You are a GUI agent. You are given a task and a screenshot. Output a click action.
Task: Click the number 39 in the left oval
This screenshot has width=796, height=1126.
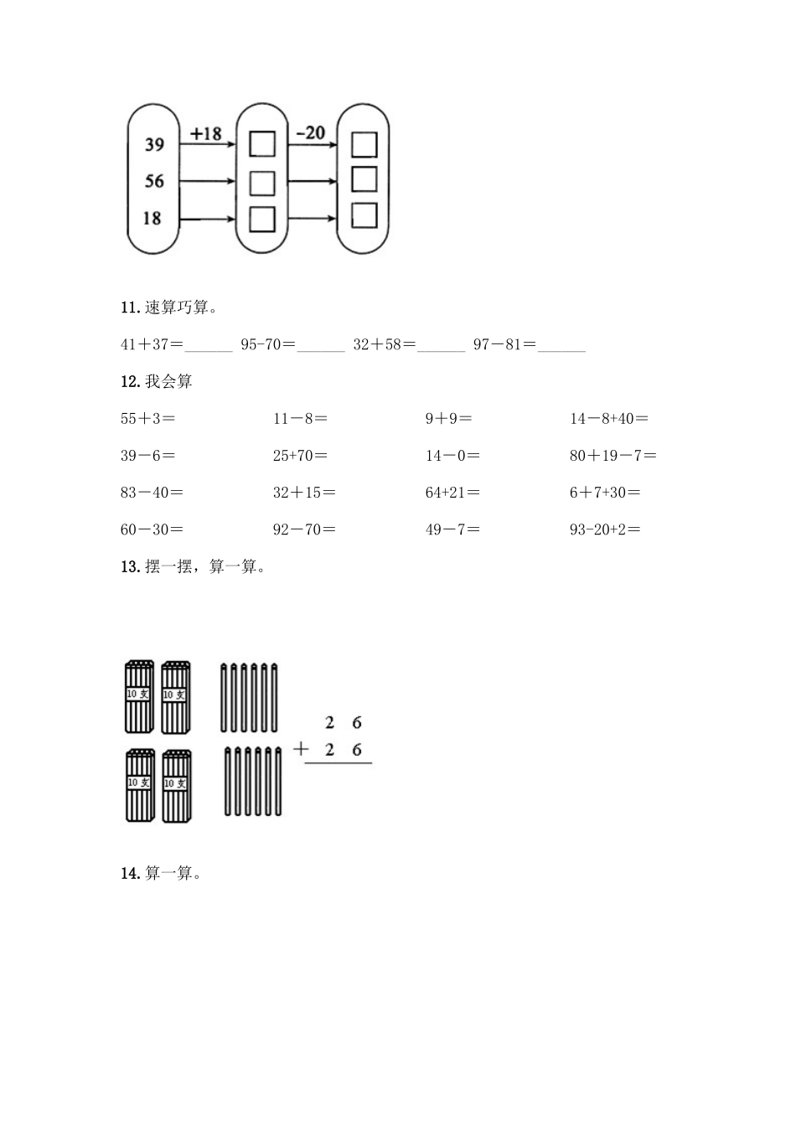[x=154, y=145]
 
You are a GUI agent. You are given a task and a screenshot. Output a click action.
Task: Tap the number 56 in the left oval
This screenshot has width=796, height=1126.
[x=154, y=181]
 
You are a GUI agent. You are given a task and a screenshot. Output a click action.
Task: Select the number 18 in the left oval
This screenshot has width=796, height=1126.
[x=152, y=218]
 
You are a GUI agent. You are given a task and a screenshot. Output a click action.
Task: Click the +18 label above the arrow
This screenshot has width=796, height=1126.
[x=205, y=133]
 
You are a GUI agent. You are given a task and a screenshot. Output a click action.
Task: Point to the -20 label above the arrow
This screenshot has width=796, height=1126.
[x=310, y=132]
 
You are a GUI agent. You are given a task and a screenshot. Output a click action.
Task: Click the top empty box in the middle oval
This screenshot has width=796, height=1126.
[x=262, y=144]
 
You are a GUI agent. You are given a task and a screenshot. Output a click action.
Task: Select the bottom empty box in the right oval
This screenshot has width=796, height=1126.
[x=364, y=216]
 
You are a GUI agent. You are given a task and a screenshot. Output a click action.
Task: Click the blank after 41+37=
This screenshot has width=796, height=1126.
[x=209, y=344]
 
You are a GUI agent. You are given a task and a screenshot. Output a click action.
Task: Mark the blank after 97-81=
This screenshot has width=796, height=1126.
[x=561, y=344]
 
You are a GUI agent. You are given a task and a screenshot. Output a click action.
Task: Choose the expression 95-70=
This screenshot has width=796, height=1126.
[x=267, y=344]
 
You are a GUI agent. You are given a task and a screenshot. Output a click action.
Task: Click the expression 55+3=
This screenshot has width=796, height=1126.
[x=147, y=418]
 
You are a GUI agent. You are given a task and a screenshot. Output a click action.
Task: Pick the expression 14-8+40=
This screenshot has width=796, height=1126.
[x=609, y=418]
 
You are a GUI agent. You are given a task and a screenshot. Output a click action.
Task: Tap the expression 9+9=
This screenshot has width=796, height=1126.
[x=448, y=418]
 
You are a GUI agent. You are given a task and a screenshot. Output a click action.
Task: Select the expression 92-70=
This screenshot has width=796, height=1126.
[x=304, y=529]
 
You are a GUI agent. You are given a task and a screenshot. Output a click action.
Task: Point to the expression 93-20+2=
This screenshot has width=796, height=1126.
[x=605, y=529]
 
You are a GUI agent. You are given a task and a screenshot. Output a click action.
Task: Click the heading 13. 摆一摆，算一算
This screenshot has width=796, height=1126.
[x=194, y=566]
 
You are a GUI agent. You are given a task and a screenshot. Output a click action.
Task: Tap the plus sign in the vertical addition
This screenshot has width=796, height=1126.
[x=301, y=749]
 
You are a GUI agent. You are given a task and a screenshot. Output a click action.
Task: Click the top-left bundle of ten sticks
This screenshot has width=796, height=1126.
[x=139, y=696]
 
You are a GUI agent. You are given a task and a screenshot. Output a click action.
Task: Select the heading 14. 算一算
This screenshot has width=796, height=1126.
[x=162, y=873]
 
